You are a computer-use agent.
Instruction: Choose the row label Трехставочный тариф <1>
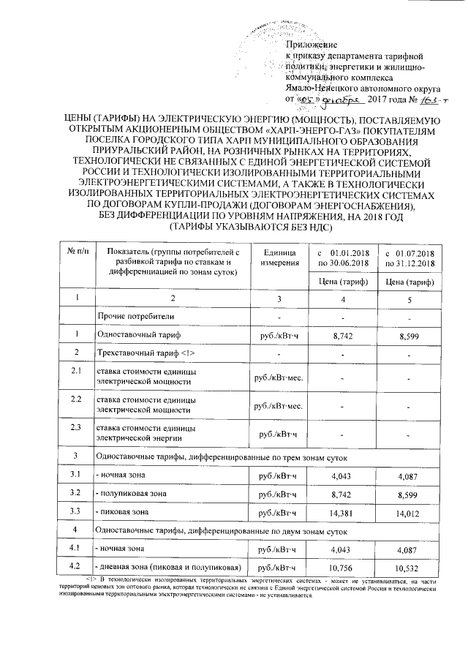146,353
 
